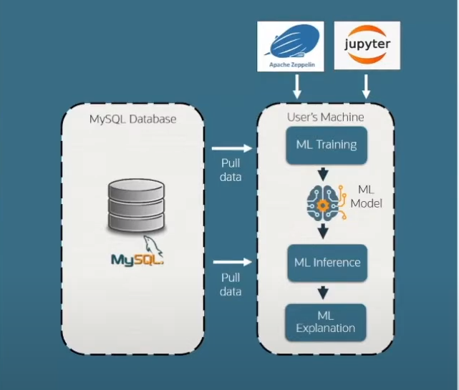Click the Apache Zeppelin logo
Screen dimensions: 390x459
click(x=291, y=47)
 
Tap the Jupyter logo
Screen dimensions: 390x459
click(x=367, y=47)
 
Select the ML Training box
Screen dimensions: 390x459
click(x=327, y=145)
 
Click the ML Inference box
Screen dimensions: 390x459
click(x=327, y=263)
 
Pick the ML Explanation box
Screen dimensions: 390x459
click(x=327, y=321)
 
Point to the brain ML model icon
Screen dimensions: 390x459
click(x=327, y=203)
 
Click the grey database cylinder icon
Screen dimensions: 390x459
click(x=135, y=206)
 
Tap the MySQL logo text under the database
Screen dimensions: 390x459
click(x=137, y=258)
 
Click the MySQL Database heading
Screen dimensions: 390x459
click(x=133, y=119)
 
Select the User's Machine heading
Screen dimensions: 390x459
click(x=326, y=117)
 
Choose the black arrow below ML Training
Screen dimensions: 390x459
click(x=324, y=172)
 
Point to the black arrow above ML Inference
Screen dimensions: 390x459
click(x=324, y=231)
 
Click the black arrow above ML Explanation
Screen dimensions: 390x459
click(x=324, y=291)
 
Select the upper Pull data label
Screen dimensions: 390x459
click(x=231, y=170)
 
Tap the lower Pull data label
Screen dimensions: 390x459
click(x=231, y=284)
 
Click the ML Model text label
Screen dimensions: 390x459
click(x=367, y=197)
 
